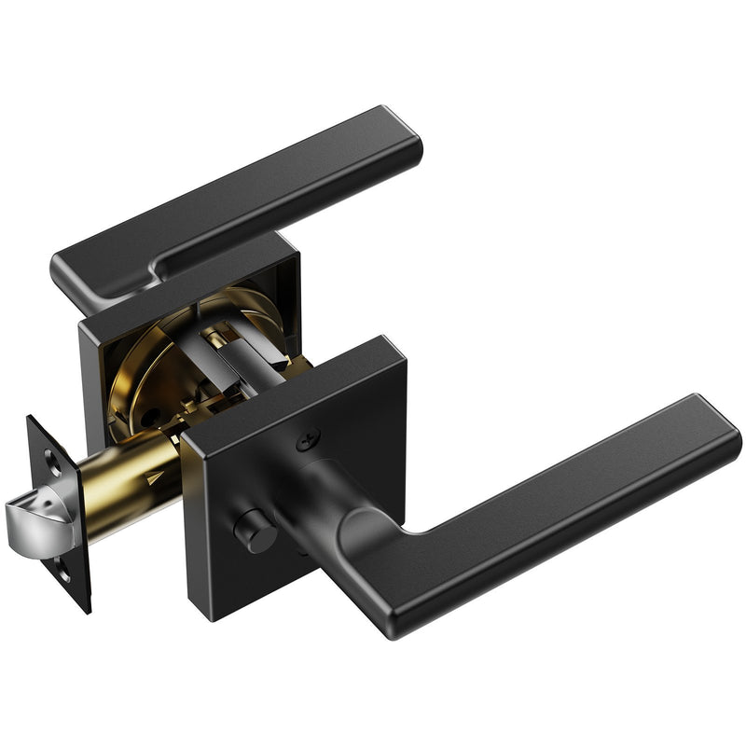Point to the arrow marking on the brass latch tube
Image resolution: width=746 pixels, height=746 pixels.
(153, 477)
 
